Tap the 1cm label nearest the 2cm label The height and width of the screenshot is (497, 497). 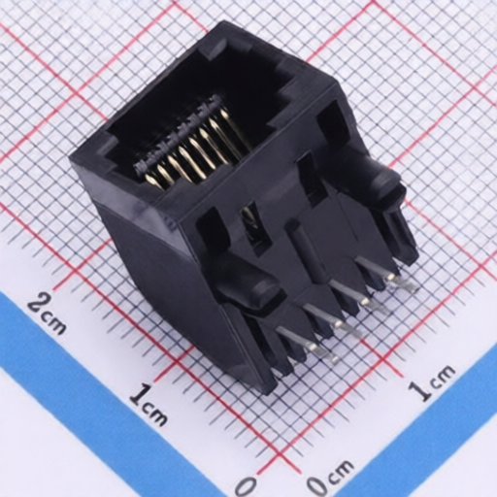click(147, 404)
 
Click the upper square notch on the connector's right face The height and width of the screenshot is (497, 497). click(328, 121)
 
